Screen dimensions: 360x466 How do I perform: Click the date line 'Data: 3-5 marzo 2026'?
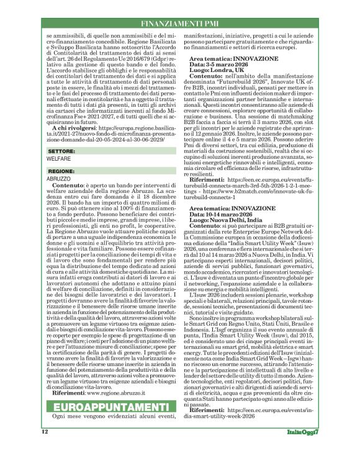point(222,64)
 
